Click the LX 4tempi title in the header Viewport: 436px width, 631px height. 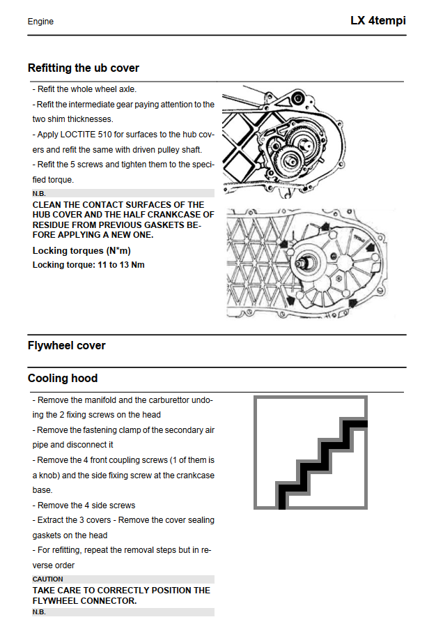pos(377,21)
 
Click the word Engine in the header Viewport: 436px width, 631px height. pos(40,22)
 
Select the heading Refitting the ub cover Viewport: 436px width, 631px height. pos(83,68)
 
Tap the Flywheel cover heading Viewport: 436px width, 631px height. pos(66,345)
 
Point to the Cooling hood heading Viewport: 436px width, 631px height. pos(62,379)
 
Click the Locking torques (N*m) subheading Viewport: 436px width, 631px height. pos(81,250)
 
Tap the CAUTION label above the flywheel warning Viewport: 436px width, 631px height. pos(47,579)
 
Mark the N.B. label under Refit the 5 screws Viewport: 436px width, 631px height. pos(39,193)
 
